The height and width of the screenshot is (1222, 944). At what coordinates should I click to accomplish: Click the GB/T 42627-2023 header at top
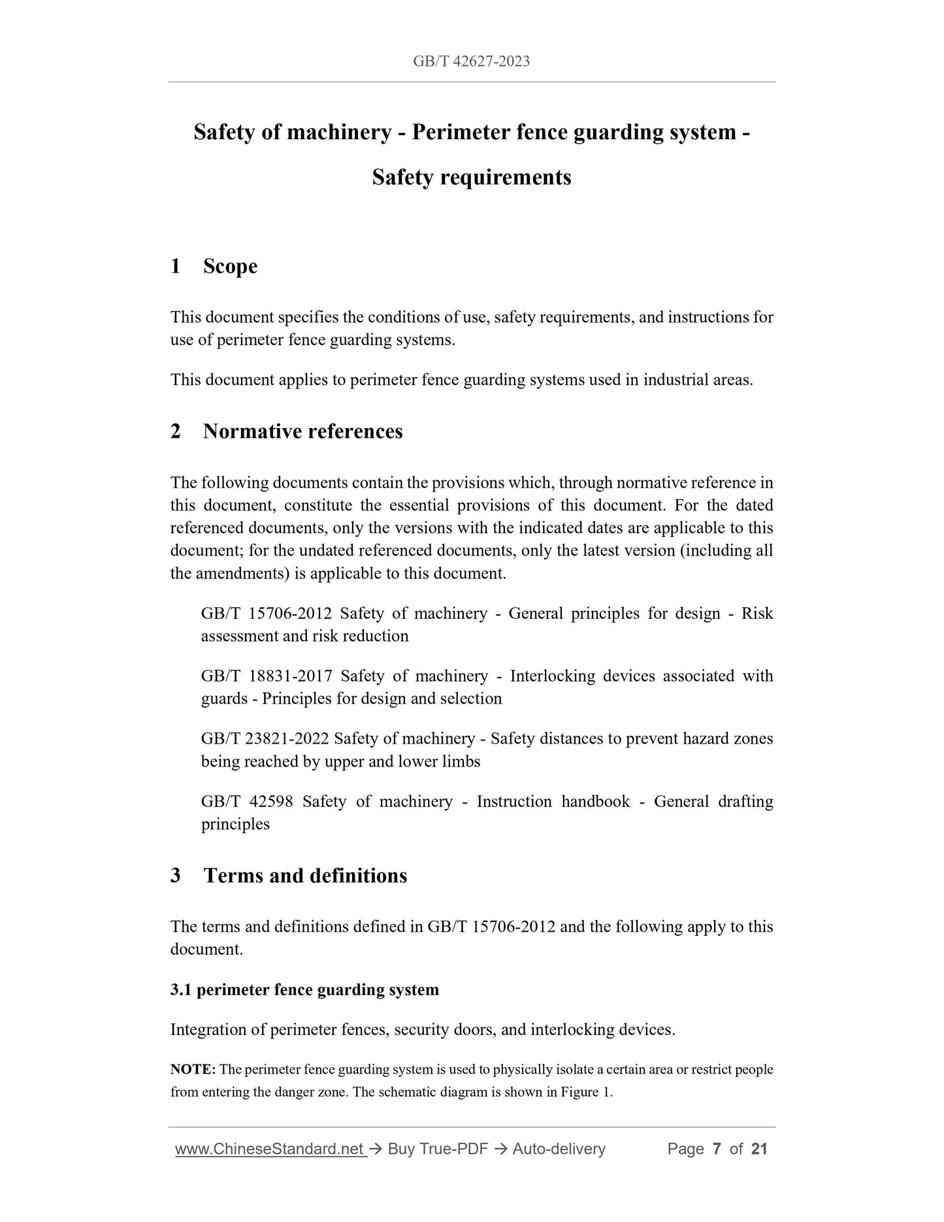point(471,61)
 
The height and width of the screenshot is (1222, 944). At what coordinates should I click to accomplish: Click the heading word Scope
point(230,267)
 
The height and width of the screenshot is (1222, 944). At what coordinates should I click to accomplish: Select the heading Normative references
point(302,431)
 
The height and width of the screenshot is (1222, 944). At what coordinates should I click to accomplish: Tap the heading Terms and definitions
point(305,876)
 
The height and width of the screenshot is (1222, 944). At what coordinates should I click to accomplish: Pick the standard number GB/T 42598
point(247,801)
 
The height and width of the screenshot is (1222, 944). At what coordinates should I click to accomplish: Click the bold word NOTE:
point(193,1069)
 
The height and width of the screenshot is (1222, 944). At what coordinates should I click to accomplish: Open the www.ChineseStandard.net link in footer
point(269,1149)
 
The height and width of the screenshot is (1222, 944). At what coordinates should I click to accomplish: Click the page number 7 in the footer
point(717,1149)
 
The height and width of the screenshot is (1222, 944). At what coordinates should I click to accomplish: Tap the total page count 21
point(759,1149)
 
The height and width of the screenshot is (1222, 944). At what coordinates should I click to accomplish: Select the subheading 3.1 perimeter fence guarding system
point(304,989)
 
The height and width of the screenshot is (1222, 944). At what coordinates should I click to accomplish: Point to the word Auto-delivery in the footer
point(559,1149)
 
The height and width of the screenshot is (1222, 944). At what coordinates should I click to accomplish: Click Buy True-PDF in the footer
point(438,1149)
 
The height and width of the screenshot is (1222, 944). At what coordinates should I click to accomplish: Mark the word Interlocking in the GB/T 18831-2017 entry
point(552,676)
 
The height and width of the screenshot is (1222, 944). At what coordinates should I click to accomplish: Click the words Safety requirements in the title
point(471,177)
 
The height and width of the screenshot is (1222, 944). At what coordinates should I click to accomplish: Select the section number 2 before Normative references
point(175,431)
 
